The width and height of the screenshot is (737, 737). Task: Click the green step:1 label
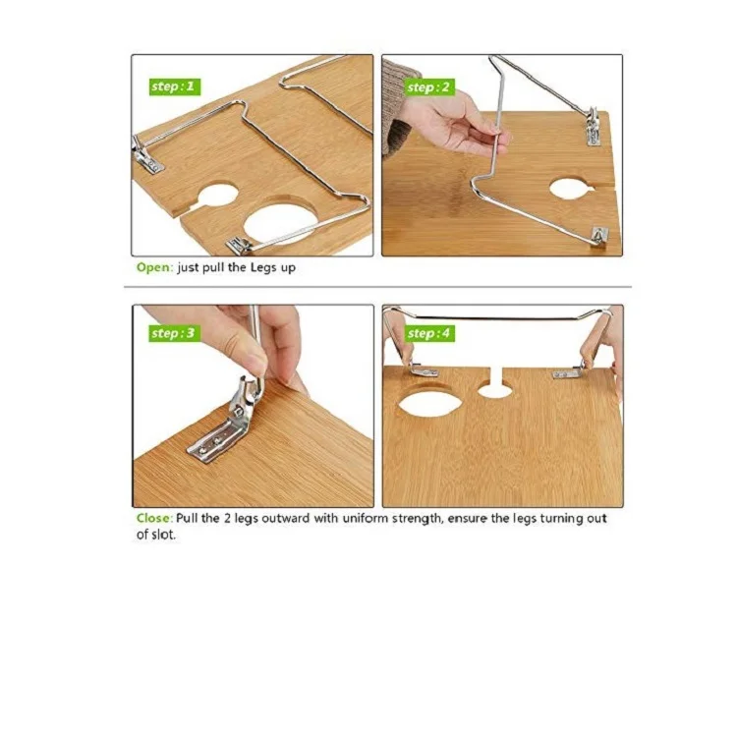pos(175,86)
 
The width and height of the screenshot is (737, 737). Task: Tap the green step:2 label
pos(429,87)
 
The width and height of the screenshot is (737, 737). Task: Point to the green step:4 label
pos(429,334)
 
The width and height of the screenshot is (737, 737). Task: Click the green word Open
pos(153,268)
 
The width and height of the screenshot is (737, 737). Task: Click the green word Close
pos(153,519)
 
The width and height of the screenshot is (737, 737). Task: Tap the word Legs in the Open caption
pos(264,268)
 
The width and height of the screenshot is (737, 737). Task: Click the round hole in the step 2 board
pos(572,188)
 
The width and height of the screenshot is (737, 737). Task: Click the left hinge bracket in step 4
pos(423,369)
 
